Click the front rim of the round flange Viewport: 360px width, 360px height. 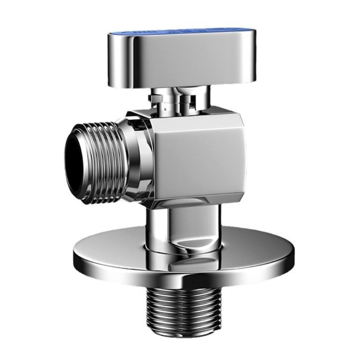pos(180,281)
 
